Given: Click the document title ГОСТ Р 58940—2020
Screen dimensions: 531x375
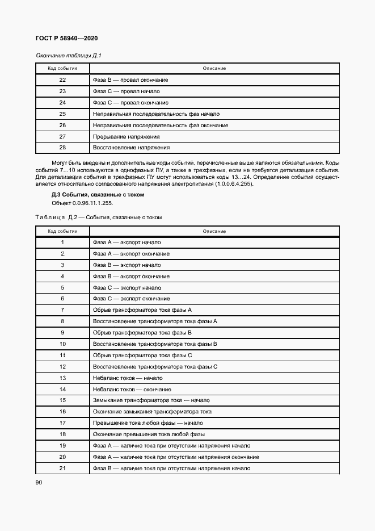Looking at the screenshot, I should click(67, 38).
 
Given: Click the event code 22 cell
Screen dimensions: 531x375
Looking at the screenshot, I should click(62, 80).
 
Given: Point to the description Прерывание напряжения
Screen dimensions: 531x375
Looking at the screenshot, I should click(126, 136).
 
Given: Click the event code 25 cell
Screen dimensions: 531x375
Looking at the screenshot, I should click(62, 114).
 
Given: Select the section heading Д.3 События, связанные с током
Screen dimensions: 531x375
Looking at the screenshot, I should click(98, 195).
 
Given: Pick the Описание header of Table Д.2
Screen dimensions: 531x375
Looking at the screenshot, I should click(214, 231).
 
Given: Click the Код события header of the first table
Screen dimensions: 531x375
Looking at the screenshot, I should click(62, 68).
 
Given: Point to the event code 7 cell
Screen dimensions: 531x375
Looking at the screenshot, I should click(62, 310).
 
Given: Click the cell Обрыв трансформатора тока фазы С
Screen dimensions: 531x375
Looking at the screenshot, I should click(142, 356).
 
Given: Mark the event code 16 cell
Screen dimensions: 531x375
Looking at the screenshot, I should click(62, 412).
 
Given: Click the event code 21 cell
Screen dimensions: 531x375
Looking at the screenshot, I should click(62, 468).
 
